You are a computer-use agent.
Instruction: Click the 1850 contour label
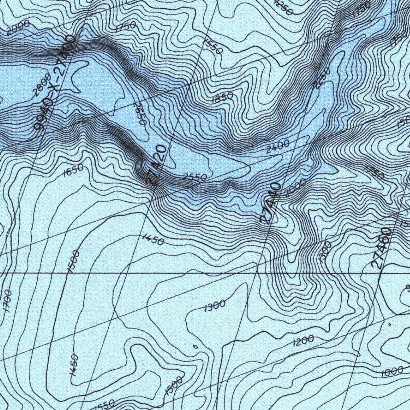pos(222,97)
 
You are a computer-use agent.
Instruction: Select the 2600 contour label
pos(42,84)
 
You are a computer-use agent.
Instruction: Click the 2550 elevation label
pos(194,177)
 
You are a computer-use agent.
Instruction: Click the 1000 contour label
pos(392,372)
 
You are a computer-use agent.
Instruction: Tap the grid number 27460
pos(381,248)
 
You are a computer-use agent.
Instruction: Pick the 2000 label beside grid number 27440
pos(295,187)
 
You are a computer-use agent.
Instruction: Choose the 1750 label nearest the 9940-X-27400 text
pos(125,27)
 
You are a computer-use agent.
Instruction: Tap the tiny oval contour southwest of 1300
pos(195,347)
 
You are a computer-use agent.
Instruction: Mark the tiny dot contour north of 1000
pos(389,323)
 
